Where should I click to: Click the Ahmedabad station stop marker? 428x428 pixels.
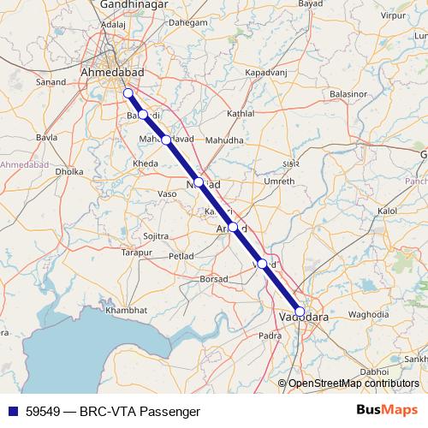[x=128, y=93]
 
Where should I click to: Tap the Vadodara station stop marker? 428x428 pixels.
[x=300, y=312]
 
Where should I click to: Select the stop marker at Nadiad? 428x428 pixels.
[x=199, y=182]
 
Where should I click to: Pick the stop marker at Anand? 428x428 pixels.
[x=233, y=227]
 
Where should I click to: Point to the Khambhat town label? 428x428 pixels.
[x=127, y=309]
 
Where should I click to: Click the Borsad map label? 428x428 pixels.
[x=213, y=279]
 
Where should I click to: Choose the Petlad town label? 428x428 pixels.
[x=181, y=255]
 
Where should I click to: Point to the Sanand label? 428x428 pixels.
[x=52, y=82]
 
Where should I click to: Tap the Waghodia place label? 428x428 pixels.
[x=369, y=315]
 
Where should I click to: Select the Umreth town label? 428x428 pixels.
[x=280, y=181]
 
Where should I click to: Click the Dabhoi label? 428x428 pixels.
[x=374, y=372]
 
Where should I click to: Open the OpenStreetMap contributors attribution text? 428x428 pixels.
[x=354, y=383]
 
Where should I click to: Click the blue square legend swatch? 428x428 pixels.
[x=12, y=411]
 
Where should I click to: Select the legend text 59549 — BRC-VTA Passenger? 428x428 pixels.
[x=107, y=411]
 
